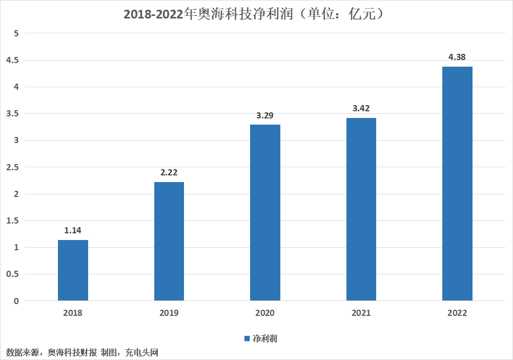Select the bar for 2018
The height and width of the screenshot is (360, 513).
tap(73, 270)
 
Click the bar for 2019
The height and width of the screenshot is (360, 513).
tap(169, 241)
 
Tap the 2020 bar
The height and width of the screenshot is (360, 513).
tap(265, 213)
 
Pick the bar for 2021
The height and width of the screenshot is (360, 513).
tap(361, 209)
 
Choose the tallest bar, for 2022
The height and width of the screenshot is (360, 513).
tap(457, 184)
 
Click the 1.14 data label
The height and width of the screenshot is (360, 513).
tap(73, 230)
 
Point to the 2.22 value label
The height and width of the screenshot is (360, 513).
tap(169, 172)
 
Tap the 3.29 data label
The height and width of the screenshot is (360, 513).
tap(264, 115)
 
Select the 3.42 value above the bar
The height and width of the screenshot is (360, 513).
tap(361, 108)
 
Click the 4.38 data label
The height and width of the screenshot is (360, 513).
tap(457, 57)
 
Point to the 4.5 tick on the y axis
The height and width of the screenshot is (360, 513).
tap(12, 60)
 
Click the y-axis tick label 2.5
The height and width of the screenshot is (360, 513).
tap(12, 167)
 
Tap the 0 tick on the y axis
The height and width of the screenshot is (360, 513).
tap(16, 301)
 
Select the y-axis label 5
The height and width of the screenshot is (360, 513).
tap(16, 33)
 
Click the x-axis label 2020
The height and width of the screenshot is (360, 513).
tap(264, 313)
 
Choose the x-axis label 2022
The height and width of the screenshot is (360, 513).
tap(457, 313)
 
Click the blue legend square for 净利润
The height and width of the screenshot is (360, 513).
tap(247, 338)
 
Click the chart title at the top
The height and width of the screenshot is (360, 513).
tap(254, 14)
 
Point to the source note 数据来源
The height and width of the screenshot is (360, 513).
tap(23, 352)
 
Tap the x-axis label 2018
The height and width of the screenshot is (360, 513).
tap(73, 313)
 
